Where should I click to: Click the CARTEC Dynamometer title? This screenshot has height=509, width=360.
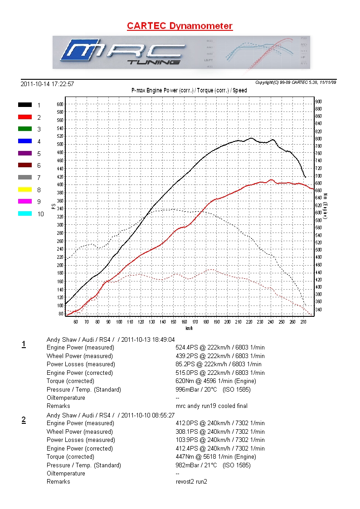180,26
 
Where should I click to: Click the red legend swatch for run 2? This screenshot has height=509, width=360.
25,117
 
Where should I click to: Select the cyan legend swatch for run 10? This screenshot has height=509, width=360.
25,213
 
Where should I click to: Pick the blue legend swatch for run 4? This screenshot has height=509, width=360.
25,141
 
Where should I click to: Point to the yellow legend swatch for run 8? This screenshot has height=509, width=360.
25,189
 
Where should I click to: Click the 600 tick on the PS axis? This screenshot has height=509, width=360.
60,104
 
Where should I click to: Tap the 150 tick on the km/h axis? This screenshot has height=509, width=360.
173,322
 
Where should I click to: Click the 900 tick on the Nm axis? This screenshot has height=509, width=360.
318,102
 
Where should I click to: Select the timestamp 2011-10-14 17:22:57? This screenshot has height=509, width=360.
47,84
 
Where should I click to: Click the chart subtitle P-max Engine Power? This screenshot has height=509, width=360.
189,91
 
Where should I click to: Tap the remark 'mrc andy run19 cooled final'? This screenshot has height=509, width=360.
211,406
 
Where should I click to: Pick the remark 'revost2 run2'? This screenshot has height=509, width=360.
191,482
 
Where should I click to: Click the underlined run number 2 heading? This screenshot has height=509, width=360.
24,420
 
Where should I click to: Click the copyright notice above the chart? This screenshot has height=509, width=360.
295,82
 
